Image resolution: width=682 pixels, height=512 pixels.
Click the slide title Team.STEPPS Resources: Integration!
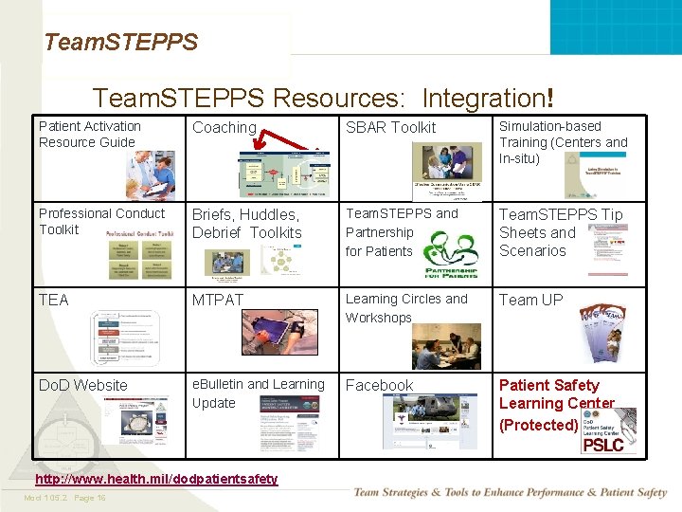tap(323, 98)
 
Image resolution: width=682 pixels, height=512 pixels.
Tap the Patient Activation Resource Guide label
tap(89, 134)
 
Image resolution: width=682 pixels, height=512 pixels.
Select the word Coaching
tap(224, 127)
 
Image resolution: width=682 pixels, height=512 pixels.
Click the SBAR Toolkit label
tap(390, 127)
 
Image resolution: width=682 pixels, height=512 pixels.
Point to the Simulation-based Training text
tap(563, 141)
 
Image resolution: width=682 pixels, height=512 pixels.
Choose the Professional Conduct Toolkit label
tap(101, 221)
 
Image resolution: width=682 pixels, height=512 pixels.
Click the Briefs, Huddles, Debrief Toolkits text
tap(246, 224)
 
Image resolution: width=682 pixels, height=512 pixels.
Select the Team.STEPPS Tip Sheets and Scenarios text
tap(561, 232)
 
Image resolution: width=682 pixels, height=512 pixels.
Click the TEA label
tap(54, 300)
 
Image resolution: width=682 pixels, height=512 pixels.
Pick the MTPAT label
tap(218, 300)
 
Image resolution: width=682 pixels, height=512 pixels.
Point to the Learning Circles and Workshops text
tap(405, 308)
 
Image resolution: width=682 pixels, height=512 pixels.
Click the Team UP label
tap(530, 300)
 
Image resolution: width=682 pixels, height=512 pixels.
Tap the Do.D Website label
tap(82, 385)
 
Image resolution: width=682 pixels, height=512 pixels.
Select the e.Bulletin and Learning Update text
tap(258, 393)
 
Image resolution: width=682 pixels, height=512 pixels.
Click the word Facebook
tap(379, 385)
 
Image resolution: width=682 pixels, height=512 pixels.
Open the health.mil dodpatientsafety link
tap(158, 479)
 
